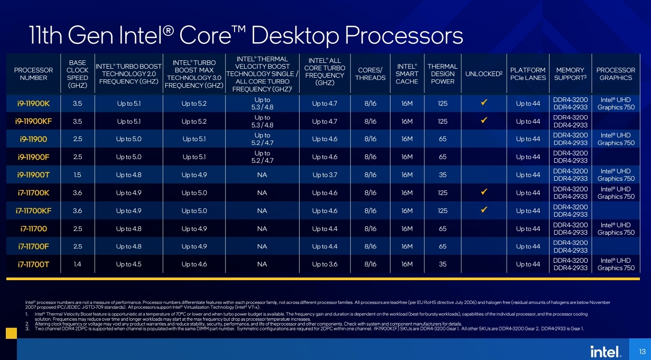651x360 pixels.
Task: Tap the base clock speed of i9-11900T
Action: (x=77, y=175)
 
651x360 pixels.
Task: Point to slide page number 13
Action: (x=642, y=352)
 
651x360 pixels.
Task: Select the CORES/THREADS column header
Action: (x=370, y=74)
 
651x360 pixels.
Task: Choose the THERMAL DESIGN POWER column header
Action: (x=442, y=74)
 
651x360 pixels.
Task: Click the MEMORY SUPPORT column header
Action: (x=570, y=74)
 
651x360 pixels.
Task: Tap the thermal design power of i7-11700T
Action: (x=442, y=264)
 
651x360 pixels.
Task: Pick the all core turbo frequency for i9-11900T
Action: (x=324, y=175)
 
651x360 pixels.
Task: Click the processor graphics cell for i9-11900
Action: (x=616, y=139)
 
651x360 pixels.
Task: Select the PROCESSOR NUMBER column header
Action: (x=33, y=74)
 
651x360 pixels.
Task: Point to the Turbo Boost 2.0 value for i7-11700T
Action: (x=128, y=264)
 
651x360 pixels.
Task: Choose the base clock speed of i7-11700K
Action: (x=77, y=193)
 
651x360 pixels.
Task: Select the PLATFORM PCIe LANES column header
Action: (x=527, y=74)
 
